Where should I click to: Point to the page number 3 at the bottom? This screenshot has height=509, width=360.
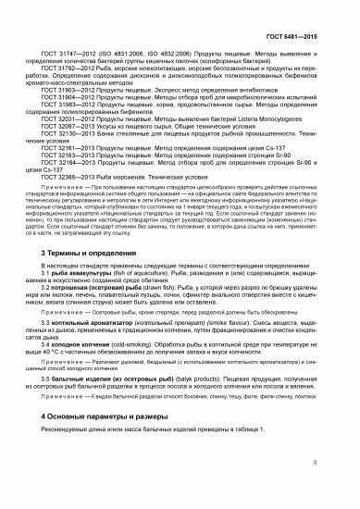(341, 486)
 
